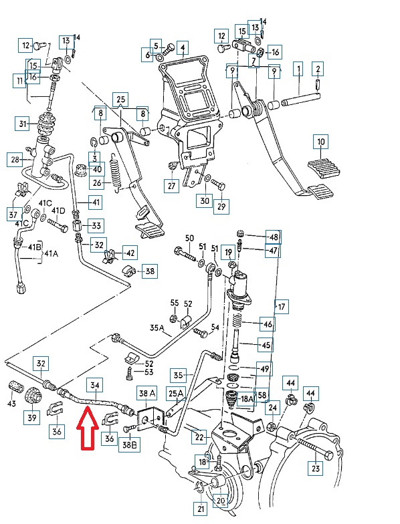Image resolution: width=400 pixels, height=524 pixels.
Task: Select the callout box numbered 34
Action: (x=95, y=386)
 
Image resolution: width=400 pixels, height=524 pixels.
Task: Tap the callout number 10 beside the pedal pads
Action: (x=321, y=142)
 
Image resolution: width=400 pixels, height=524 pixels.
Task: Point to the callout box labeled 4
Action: (x=183, y=48)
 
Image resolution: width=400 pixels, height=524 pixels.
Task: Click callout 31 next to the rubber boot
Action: (x=23, y=124)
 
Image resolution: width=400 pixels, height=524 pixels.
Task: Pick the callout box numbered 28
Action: (x=15, y=159)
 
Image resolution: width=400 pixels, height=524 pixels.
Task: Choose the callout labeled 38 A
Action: (x=147, y=394)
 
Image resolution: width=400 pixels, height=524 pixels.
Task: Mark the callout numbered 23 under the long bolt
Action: (x=316, y=468)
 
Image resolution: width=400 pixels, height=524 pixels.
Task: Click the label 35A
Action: (x=157, y=328)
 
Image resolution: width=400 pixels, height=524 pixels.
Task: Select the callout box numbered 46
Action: (x=268, y=324)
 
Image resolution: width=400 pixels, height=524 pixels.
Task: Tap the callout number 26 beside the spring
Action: (x=97, y=183)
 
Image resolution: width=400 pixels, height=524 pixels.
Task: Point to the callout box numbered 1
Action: (x=298, y=70)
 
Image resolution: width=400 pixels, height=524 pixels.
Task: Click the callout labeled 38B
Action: (x=129, y=445)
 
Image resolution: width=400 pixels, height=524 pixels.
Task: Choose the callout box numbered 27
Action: (x=171, y=186)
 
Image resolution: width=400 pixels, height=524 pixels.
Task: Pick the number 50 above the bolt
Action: (x=189, y=238)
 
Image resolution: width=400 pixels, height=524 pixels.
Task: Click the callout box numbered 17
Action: (x=282, y=306)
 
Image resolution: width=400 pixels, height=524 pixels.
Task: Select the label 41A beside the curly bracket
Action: (x=51, y=254)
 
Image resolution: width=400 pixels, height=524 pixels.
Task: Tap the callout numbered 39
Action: (x=32, y=417)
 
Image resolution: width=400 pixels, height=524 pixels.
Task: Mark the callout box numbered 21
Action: (x=201, y=509)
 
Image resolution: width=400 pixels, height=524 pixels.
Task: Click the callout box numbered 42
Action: (x=130, y=253)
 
